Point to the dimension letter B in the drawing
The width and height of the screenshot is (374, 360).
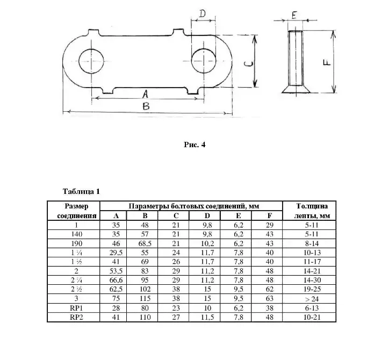click(x=146, y=106)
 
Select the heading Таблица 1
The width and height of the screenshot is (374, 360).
click(x=82, y=191)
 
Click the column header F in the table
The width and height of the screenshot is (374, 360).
click(x=269, y=215)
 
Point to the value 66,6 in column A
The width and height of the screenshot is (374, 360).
click(x=114, y=280)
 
